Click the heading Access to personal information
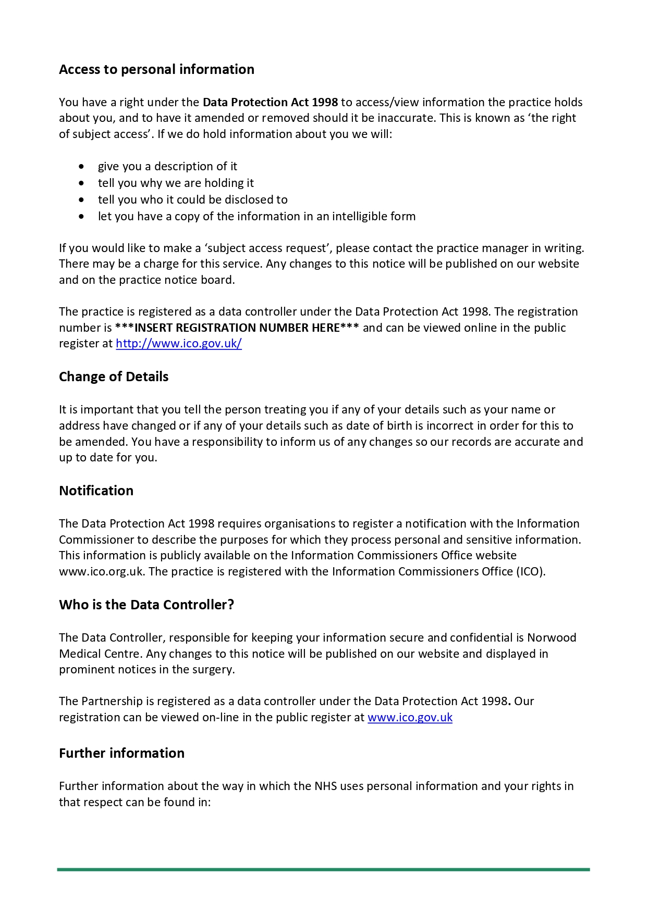pyautogui.click(x=156, y=69)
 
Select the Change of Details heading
pyautogui.click(x=114, y=377)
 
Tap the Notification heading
pyautogui.click(x=96, y=491)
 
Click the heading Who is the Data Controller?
pyautogui.click(x=147, y=605)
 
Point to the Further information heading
pyautogui.click(x=121, y=753)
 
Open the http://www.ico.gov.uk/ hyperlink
pyautogui.click(x=179, y=343)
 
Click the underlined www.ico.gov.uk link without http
pyautogui.click(x=410, y=717)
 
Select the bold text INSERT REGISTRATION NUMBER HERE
pyautogui.click(x=237, y=328)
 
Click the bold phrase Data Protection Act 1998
pyautogui.click(x=270, y=102)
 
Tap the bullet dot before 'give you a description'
pyautogui.click(x=81, y=167)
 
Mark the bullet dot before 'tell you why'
pyautogui.click(x=81, y=183)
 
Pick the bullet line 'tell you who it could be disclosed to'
pyautogui.click(x=192, y=199)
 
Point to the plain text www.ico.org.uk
pyautogui.click(x=101, y=571)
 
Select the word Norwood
pyautogui.click(x=552, y=637)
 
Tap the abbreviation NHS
pyautogui.click(x=325, y=786)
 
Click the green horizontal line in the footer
pyautogui.click(x=323, y=869)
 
